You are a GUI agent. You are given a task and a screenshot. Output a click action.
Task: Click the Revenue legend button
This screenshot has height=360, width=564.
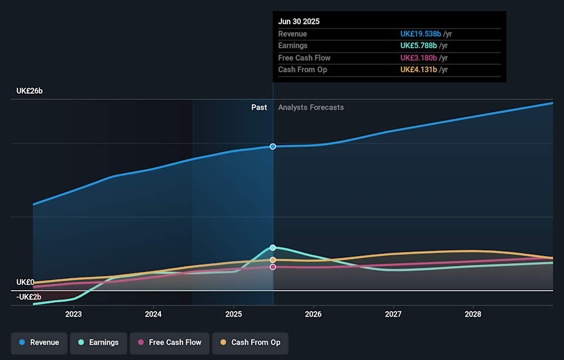pos(39,342)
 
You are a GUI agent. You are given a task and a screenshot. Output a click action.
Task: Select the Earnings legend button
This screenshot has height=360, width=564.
pos(98,342)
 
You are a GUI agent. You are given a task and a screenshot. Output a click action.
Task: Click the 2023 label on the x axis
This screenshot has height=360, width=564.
pos(73,314)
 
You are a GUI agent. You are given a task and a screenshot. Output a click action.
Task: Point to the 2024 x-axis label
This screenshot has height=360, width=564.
pos(153,314)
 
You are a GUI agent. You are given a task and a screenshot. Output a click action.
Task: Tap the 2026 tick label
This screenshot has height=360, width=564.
pos(313,314)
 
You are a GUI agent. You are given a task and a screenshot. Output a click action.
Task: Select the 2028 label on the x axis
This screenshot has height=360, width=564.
pos(473,314)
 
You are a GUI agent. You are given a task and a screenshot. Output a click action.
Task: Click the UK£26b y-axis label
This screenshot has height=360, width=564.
pos(30,92)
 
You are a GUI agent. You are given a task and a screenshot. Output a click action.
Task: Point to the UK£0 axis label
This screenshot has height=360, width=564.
pos(25,282)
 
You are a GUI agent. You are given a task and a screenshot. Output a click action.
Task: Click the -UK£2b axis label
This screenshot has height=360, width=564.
pos(29,297)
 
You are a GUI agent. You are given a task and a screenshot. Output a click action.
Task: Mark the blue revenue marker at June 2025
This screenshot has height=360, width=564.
pos(273,146)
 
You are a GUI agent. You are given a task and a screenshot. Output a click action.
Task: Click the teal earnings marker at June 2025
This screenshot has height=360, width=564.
pos(273,248)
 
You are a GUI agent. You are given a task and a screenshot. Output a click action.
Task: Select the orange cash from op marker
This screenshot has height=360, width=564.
pos(273,260)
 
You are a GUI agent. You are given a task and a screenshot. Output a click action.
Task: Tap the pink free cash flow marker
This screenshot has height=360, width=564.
pos(273,267)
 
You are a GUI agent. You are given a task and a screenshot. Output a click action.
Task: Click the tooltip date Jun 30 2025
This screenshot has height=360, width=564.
pos(299,22)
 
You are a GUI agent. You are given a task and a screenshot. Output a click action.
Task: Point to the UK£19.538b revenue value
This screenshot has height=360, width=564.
pos(420,34)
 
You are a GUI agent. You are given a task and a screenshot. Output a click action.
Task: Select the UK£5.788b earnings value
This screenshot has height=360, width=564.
pos(418,46)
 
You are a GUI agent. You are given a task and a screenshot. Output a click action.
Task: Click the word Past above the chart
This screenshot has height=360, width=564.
pos(259,107)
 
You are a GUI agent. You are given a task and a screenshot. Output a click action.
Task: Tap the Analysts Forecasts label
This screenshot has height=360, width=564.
pos(311,107)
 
